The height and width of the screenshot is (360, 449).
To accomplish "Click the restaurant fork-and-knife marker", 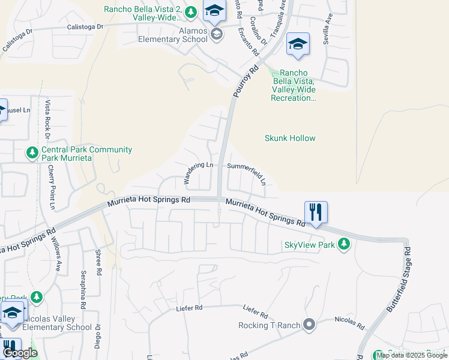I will tap(316, 212).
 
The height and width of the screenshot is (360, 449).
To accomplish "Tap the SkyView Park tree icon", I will tap(344, 244).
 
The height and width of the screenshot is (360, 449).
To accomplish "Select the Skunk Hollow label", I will tap(290, 138).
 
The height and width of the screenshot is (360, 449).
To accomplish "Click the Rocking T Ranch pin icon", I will tap(309, 325).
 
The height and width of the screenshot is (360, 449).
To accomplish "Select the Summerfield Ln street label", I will tap(247, 172).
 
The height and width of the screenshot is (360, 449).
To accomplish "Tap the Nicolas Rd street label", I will tap(350, 323).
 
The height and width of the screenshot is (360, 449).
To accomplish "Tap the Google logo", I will tap(20, 353).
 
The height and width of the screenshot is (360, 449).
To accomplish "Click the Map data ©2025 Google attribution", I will tap(412, 355).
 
